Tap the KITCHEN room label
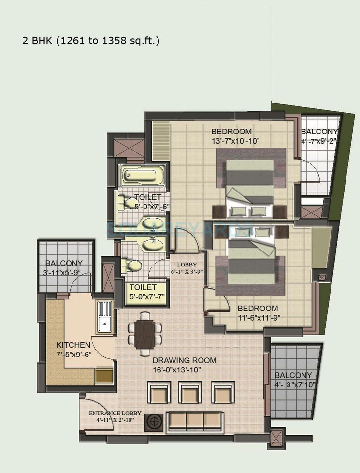(x=73, y=345)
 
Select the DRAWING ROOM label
(x=184, y=360)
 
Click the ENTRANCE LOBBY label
(x=115, y=414)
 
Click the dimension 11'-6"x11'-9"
(x=258, y=318)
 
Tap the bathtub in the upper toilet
(x=141, y=177)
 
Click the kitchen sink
(x=104, y=318)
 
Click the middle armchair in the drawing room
(x=190, y=393)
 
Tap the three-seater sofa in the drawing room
(x=194, y=422)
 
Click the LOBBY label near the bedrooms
(x=187, y=265)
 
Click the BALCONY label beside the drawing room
(x=293, y=375)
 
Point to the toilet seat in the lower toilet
(x=131, y=266)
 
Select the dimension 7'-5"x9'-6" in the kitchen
(x=73, y=355)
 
